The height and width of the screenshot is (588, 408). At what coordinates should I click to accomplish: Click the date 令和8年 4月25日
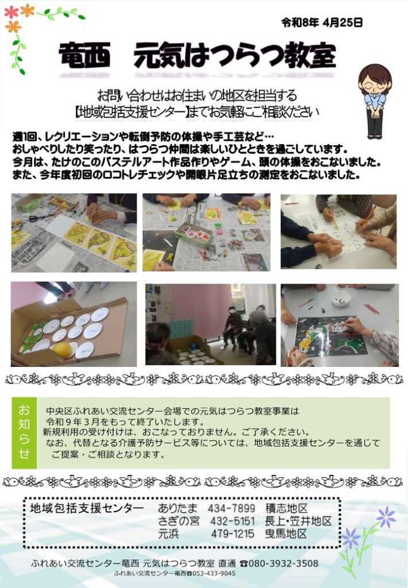(322, 23)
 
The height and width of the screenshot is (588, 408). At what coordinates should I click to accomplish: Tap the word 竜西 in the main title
(85, 55)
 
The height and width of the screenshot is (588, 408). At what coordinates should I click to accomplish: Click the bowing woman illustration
(375, 101)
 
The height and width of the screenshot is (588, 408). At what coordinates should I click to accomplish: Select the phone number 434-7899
(231, 509)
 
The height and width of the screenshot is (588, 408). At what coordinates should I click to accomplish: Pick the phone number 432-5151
(232, 521)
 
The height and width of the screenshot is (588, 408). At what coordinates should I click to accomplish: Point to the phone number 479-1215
(232, 533)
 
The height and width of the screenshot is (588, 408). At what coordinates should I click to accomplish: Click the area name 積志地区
(286, 509)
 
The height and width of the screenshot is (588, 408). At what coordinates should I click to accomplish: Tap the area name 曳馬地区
(286, 533)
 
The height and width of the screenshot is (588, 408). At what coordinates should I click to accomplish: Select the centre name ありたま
(178, 509)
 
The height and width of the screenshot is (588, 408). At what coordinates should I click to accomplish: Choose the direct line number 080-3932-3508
(283, 563)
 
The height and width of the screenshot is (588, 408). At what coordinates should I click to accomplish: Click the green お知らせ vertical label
(24, 432)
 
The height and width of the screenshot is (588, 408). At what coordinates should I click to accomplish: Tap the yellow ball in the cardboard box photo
(62, 350)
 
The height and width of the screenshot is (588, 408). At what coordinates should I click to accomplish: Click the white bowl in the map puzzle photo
(341, 299)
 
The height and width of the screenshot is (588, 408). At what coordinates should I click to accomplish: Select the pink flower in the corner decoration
(11, 12)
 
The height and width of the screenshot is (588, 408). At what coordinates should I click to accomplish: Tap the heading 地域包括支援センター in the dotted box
(87, 509)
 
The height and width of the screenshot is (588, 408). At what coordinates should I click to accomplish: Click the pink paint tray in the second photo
(194, 233)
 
